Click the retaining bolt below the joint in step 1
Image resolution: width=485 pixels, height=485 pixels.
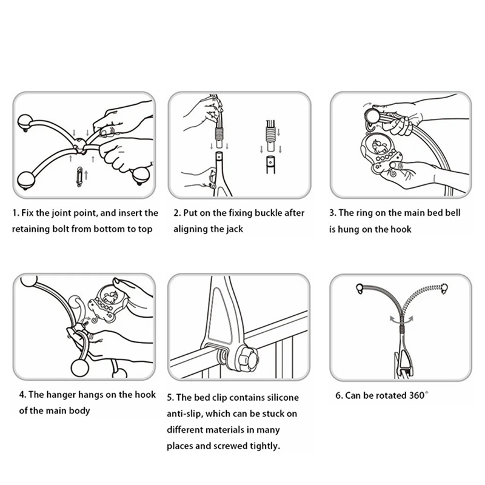[79, 176]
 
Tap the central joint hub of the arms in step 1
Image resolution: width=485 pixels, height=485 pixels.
[80, 145]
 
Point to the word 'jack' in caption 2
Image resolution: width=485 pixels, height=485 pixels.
[236, 229]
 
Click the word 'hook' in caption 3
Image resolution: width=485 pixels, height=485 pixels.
[401, 230]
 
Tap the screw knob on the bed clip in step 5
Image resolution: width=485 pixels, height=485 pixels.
[248, 358]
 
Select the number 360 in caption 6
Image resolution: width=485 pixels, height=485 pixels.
[416, 396]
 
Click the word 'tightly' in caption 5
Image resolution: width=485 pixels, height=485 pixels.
[266, 446]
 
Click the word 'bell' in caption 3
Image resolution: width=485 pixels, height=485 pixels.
[453, 213]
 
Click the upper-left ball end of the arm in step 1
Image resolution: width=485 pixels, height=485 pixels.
[25, 122]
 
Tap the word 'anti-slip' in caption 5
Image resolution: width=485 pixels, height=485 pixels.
[184, 414]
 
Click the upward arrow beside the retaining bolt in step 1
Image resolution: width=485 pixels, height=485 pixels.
[86, 175]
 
